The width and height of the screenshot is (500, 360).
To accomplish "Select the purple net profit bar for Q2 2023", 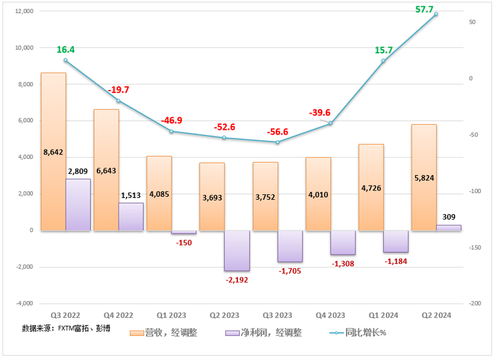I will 237,250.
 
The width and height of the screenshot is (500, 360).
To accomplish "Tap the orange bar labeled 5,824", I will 424,177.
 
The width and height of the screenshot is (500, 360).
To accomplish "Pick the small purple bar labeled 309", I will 449,228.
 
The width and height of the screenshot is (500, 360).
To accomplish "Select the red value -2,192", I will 237,280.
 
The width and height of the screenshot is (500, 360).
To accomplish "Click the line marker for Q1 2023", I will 171,131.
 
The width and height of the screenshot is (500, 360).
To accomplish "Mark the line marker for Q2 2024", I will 436,14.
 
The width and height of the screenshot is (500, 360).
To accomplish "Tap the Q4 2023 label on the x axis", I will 330,315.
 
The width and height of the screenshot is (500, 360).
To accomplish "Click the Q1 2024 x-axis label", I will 383,315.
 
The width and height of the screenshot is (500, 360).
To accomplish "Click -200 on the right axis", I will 475,304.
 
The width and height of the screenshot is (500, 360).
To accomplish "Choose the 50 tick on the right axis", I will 473,22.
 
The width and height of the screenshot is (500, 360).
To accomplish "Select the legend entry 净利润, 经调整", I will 263,333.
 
